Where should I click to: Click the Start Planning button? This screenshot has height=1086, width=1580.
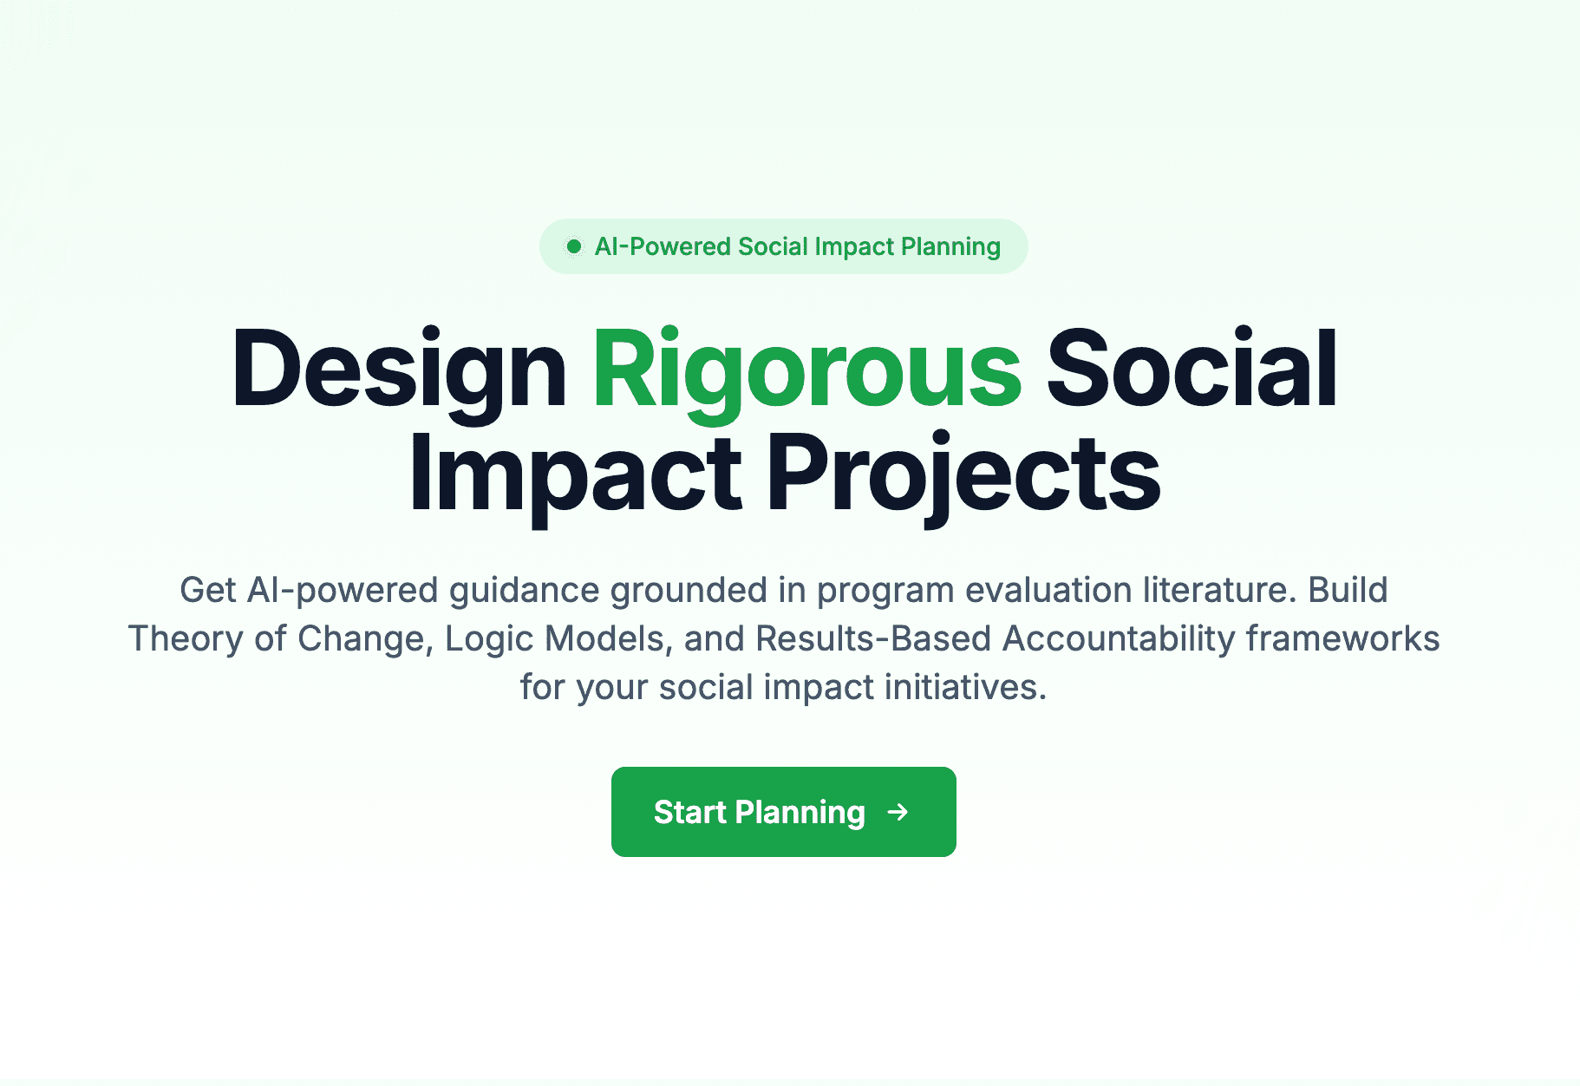(x=783, y=812)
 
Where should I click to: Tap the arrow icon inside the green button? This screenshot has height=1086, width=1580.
(x=898, y=812)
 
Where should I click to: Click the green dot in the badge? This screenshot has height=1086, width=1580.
(x=573, y=246)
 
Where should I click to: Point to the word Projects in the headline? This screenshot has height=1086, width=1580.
(x=963, y=474)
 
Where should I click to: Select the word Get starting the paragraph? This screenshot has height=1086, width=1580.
(x=208, y=590)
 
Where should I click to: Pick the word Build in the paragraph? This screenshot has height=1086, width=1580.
(x=1348, y=590)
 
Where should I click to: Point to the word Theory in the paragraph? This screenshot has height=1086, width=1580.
(x=186, y=638)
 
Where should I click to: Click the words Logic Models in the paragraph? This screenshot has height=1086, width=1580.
(x=555, y=638)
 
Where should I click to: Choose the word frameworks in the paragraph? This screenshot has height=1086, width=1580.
(x=1342, y=638)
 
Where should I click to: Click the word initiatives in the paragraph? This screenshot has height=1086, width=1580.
(x=965, y=687)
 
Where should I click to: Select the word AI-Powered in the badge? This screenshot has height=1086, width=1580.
(x=663, y=246)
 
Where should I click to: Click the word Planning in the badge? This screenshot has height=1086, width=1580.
(x=950, y=246)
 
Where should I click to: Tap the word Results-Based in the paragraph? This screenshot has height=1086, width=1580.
(x=873, y=638)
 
